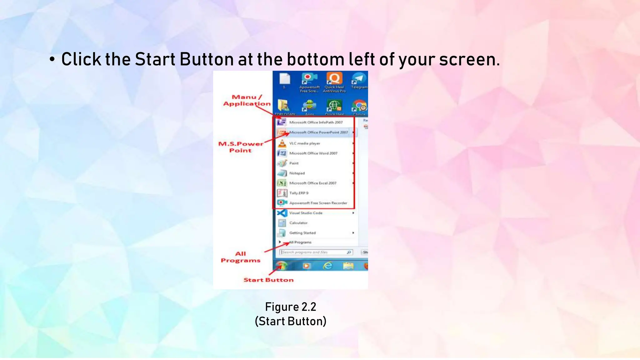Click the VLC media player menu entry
(x=304, y=143)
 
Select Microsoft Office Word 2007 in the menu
(x=313, y=153)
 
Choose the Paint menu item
(x=294, y=163)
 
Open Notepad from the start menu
(x=297, y=173)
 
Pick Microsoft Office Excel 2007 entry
(x=312, y=183)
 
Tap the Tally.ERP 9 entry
(x=298, y=193)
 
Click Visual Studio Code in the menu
(x=306, y=213)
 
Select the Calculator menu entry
(x=298, y=223)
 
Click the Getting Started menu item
(x=302, y=233)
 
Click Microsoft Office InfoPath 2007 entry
(x=316, y=122)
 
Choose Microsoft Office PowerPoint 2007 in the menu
(x=318, y=132)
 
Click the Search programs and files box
(x=314, y=252)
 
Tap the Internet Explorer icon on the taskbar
(x=327, y=266)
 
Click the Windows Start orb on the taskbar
(x=282, y=266)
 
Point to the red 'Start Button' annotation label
(x=268, y=280)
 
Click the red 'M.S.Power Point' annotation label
(x=241, y=147)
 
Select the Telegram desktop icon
(x=359, y=81)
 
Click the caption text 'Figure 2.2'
(x=291, y=307)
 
